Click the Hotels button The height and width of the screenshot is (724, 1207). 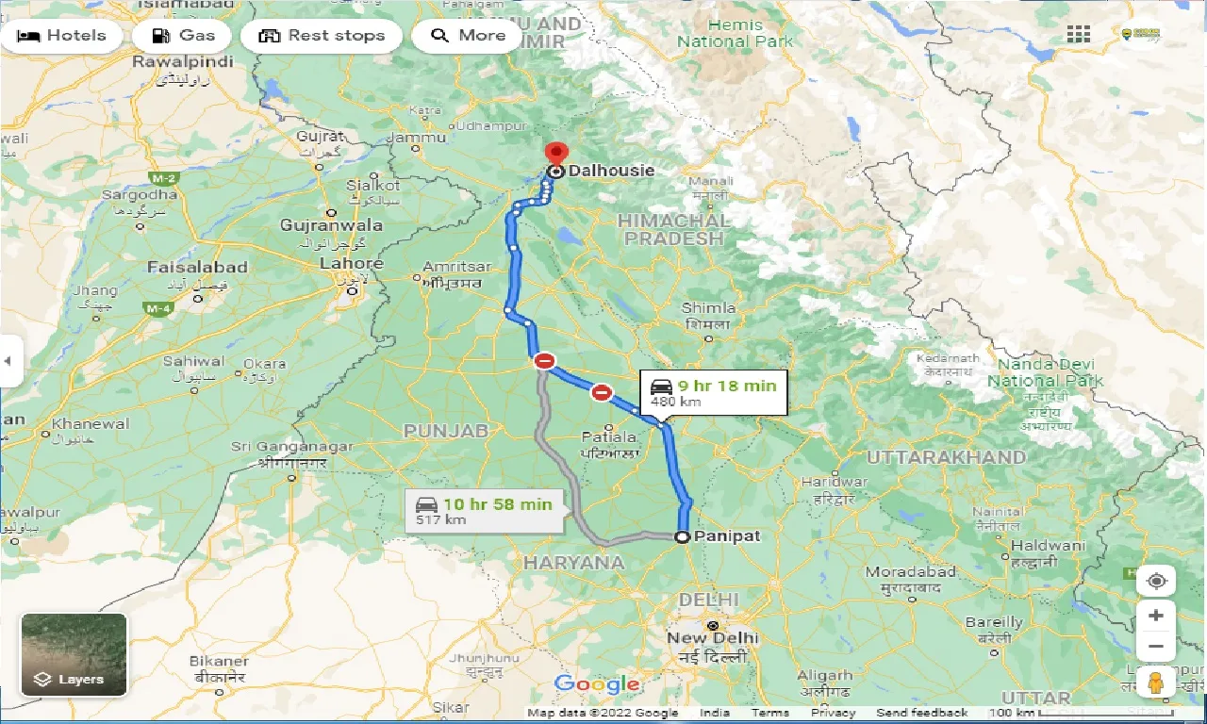coord(61,36)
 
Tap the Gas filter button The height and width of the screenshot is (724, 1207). coord(182,36)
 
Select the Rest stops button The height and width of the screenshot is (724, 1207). coord(322,36)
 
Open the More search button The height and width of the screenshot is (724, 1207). coord(469,36)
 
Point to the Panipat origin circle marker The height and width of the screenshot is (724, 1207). coord(682,536)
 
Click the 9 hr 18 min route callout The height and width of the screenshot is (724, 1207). coord(714,391)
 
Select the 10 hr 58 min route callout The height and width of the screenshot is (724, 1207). coord(487,510)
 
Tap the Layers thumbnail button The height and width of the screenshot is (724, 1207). coord(74,654)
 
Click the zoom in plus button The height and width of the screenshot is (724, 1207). coord(1156,616)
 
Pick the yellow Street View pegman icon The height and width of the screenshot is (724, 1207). coord(1156,682)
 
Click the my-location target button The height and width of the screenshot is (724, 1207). coord(1156,581)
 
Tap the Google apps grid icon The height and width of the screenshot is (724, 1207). coord(1078,35)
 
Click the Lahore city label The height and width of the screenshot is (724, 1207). coord(351,264)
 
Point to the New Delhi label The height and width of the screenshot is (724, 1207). coord(712,637)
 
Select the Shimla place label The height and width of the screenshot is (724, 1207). coord(707,308)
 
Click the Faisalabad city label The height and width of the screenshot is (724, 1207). coord(197,268)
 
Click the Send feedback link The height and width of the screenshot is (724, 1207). coord(921,713)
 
